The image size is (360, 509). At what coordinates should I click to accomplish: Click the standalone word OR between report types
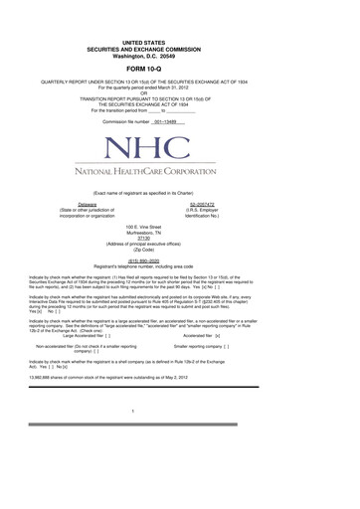click(180, 93)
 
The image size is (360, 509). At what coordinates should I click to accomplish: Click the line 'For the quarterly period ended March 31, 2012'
click(180, 87)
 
